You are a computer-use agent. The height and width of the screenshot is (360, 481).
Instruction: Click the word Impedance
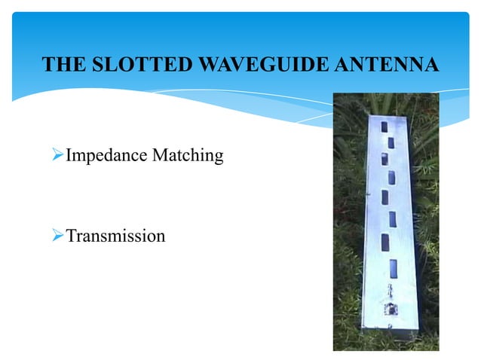click(x=107, y=156)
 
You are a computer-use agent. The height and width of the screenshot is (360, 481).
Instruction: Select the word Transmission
click(x=115, y=236)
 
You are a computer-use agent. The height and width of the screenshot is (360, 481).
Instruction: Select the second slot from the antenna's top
click(x=391, y=142)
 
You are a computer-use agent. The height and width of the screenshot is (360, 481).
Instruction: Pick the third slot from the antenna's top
click(x=383, y=159)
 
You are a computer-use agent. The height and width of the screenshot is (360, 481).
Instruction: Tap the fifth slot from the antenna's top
click(x=384, y=198)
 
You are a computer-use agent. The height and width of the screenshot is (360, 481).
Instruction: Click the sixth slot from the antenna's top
click(x=393, y=219)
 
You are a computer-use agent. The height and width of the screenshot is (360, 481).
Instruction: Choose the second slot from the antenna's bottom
click(x=385, y=243)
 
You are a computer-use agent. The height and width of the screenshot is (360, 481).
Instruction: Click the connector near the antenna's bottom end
click(x=391, y=307)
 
